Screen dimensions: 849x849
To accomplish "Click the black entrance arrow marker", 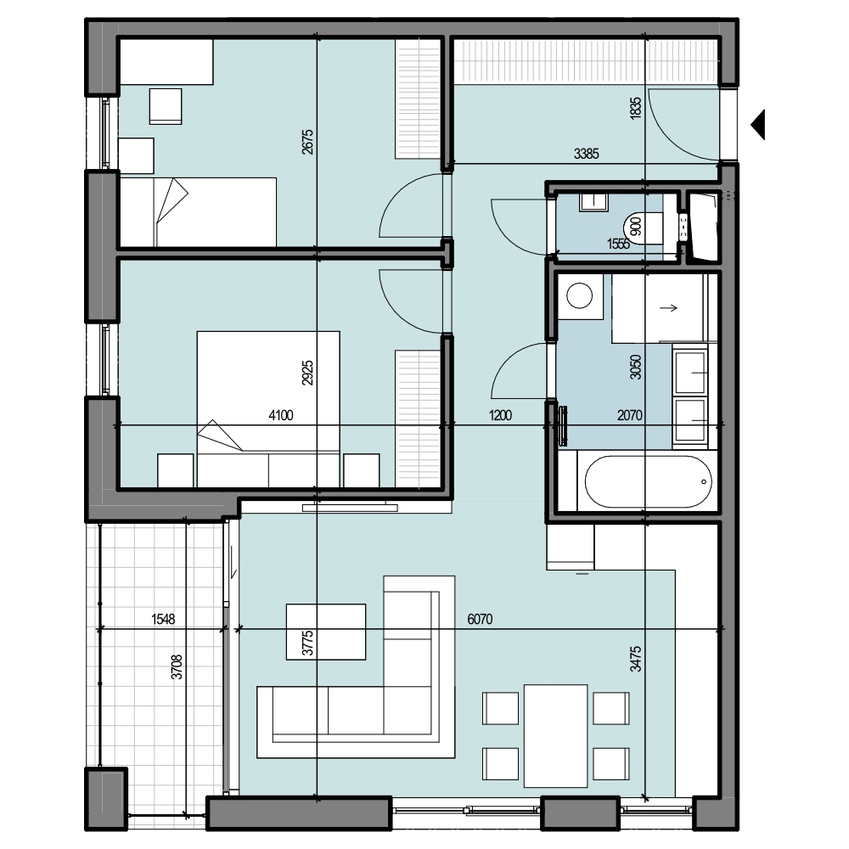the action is coord(758,125).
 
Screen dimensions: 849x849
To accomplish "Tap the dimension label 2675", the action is coord(307,142).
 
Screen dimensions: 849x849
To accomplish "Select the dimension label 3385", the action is coord(587,154).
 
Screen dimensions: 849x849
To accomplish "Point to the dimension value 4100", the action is coord(281,415).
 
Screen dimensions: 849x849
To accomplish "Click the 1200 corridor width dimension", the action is coord(500,415).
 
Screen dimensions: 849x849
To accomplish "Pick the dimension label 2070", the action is coord(630,415).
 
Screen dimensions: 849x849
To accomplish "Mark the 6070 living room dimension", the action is coord(481,619).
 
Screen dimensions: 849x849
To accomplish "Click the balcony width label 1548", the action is coord(163,619).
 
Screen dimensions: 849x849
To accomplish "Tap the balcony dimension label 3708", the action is coord(177,667).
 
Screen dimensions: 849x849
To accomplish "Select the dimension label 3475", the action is coord(636,659).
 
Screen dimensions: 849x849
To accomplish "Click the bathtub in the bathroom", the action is coord(648,481).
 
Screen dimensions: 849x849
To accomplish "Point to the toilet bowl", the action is coord(644,227).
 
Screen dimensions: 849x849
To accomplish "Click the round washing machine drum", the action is coord(579,296).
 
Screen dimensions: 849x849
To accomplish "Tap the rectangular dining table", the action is coord(555,736).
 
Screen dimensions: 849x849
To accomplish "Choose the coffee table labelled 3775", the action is coord(326,632).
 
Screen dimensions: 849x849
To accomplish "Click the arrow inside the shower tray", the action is coord(669,308).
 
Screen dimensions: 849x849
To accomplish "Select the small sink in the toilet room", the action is coord(593,202).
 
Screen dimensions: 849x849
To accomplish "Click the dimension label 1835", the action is coord(636,108).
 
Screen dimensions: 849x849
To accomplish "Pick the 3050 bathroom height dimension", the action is coord(636,367).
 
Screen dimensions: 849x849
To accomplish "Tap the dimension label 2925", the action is coord(307,373).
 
